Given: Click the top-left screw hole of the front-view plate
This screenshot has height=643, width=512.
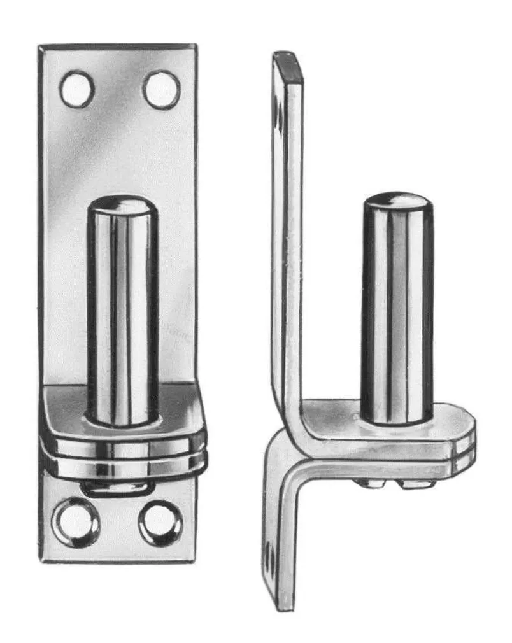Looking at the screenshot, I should pos(77,88).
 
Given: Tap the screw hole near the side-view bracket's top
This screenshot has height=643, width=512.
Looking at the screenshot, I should pos(279,115).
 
